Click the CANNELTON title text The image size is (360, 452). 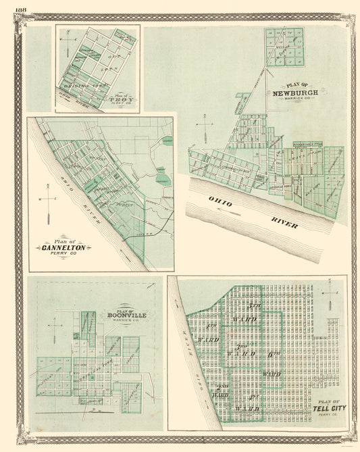coord(63,248)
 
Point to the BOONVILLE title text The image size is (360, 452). coord(126,316)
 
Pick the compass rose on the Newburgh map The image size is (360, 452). coord(205,125)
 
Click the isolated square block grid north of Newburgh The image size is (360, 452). coord(284,47)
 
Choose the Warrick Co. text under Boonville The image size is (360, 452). coord(126,322)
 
